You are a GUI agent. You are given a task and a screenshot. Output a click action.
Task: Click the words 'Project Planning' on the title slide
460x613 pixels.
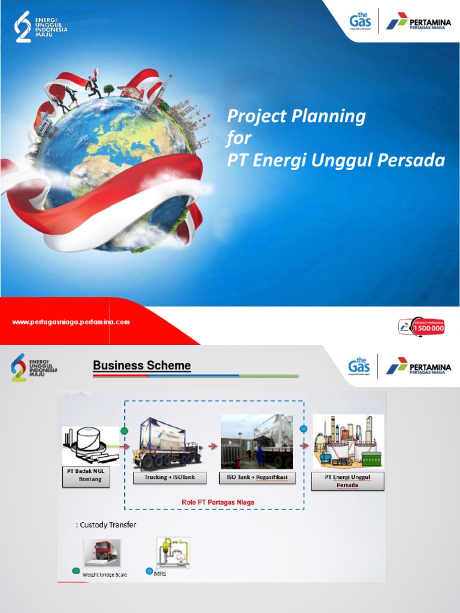[x=296, y=116]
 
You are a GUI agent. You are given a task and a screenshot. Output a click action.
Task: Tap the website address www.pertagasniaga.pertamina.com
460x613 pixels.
[x=71, y=322]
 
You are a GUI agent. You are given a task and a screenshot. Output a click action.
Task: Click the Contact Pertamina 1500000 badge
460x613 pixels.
[x=422, y=326]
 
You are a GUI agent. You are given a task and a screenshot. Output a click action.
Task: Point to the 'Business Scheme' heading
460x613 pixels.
[x=142, y=366]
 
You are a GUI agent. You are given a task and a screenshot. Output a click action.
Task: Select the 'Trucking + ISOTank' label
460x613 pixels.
[x=170, y=477]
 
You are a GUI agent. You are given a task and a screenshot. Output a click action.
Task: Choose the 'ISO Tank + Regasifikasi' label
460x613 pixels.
[x=258, y=477]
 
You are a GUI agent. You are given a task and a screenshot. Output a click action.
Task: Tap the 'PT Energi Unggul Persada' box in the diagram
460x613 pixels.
[x=348, y=481]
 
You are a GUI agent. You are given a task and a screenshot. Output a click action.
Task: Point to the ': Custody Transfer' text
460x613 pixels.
[x=106, y=525]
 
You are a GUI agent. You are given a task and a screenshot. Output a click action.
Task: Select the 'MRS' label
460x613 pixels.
[x=160, y=573]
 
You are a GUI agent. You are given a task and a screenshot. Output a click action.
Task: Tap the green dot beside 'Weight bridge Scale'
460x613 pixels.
[x=75, y=571]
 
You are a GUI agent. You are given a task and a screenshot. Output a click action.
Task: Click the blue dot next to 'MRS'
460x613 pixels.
[x=149, y=571]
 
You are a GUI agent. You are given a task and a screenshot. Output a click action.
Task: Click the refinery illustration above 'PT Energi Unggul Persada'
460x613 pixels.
[x=348, y=442]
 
